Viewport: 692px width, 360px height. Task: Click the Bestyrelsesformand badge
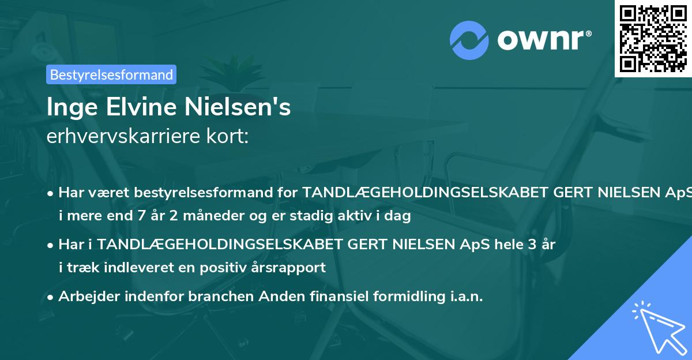(x=111, y=74)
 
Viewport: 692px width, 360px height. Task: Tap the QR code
(x=653, y=39)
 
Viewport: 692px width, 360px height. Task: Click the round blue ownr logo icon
(x=469, y=40)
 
